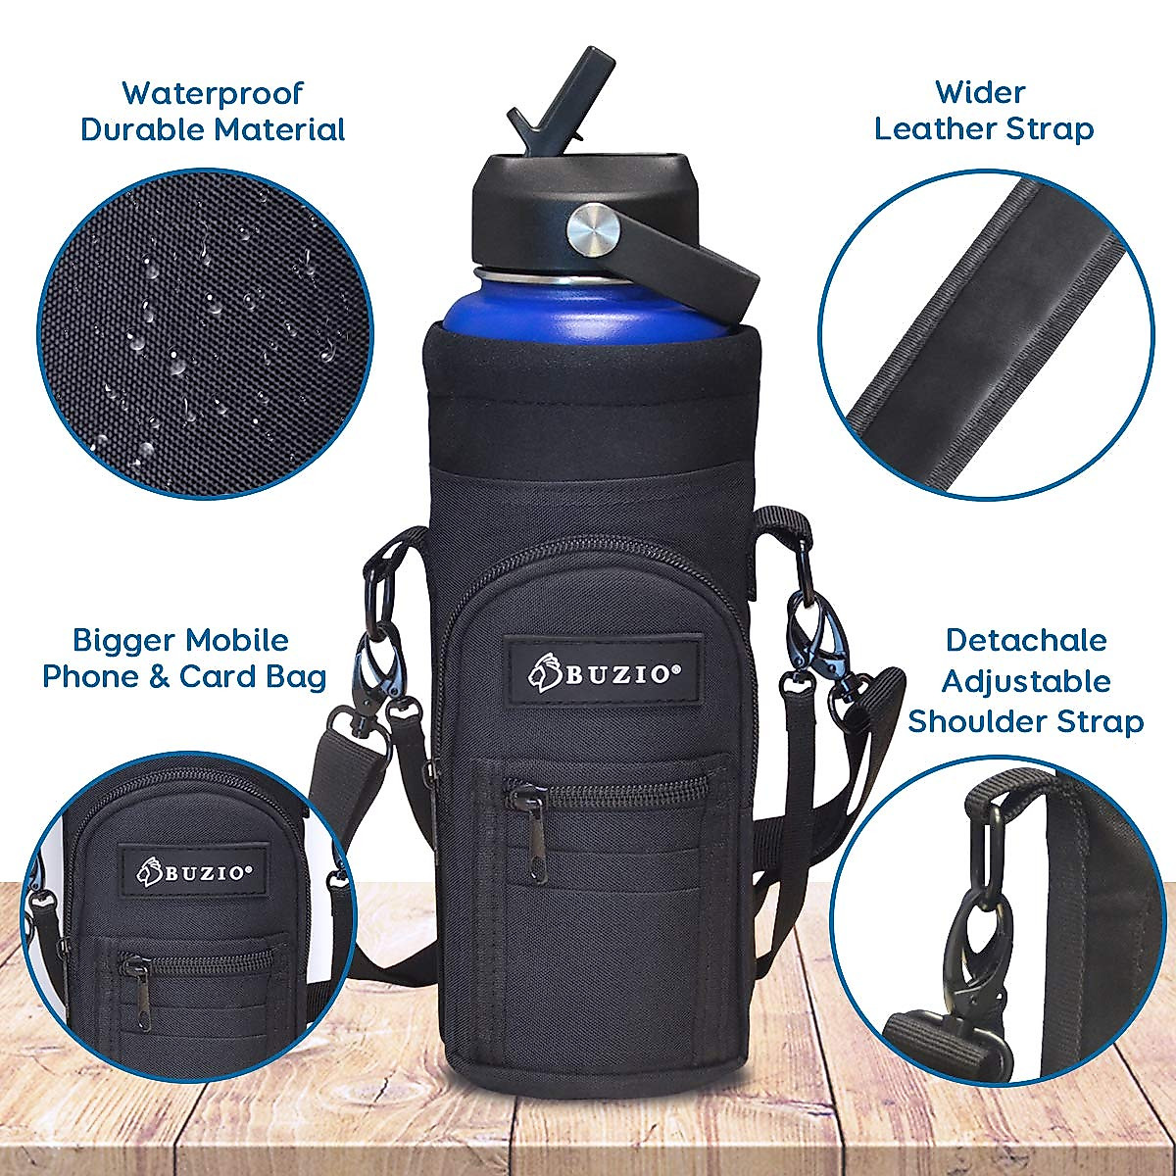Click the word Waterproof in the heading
click(213, 93)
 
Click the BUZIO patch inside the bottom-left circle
click(193, 869)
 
